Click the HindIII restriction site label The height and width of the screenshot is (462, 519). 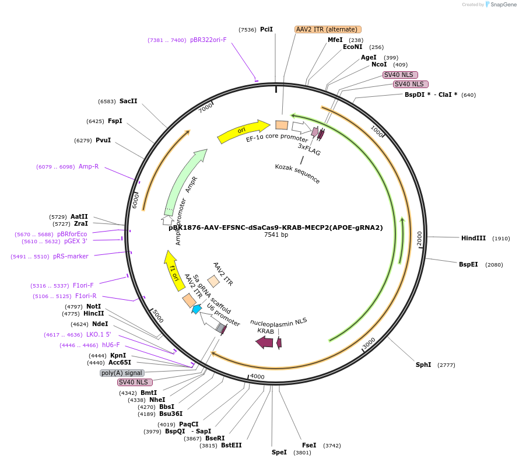[x=473, y=238]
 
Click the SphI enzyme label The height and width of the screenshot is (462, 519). [x=423, y=365]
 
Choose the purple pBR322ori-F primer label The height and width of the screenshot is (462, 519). [x=208, y=40]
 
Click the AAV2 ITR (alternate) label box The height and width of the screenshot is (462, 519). [x=328, y=29]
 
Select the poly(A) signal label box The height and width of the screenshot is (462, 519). [x=122, y=373]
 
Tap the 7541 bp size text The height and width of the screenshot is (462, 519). [x=276, y=235]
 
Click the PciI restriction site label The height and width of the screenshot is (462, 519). [x=266, y=29]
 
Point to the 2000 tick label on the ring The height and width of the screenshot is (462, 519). [x=419, y=238]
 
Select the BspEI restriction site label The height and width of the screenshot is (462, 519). [x=468, y=264]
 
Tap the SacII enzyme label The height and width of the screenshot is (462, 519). [x=128, y=101]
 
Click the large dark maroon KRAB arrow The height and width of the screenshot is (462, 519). [x=264, y=342]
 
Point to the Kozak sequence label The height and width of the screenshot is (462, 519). [x=297, y=174]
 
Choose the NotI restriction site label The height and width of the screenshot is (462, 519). [x=93, y=306]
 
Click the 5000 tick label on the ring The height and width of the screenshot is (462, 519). [x=157, y=316]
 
